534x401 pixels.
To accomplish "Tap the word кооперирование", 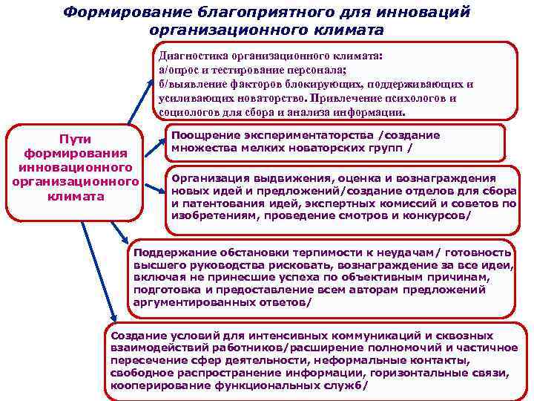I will point(156,387).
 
